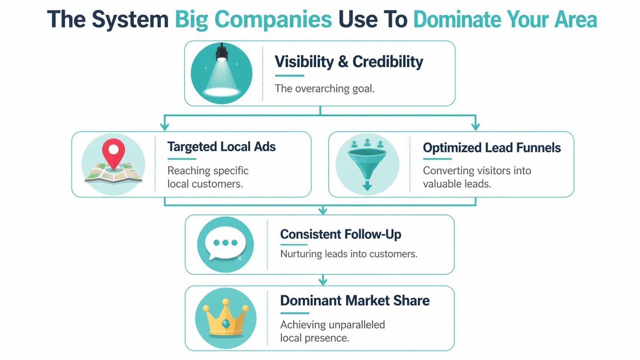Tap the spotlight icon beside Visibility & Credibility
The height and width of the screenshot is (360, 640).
222,73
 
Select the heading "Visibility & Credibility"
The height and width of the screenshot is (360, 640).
349,62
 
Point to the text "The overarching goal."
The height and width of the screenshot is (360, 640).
325,89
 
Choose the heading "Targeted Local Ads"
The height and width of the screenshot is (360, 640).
221,147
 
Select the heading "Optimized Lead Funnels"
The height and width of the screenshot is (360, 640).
491,148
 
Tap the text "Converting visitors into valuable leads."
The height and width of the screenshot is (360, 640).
477,177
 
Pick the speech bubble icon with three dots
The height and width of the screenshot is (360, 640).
225,244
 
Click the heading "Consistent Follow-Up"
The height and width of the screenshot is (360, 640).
340,234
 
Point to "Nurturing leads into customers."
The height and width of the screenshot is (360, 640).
348,254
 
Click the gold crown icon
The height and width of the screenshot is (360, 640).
225,318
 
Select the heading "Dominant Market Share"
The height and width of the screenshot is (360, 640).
354,301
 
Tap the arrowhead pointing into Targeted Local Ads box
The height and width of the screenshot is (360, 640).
165,126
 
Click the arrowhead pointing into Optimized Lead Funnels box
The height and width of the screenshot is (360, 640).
475,126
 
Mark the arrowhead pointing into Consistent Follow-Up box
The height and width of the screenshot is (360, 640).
323,210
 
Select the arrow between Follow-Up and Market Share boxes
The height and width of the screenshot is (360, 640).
323,280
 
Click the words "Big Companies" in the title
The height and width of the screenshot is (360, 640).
253,19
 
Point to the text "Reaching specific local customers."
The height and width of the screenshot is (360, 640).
208,177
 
